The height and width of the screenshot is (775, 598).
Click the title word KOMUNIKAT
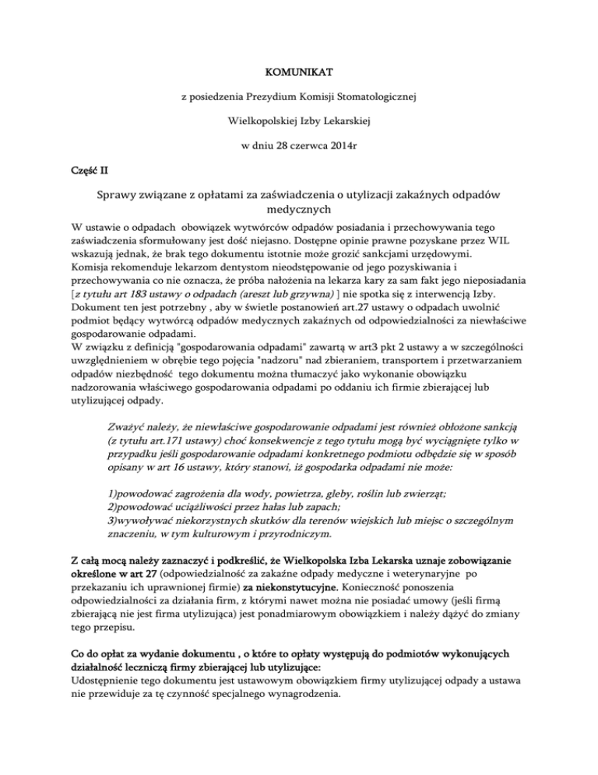[x=299, y=73]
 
